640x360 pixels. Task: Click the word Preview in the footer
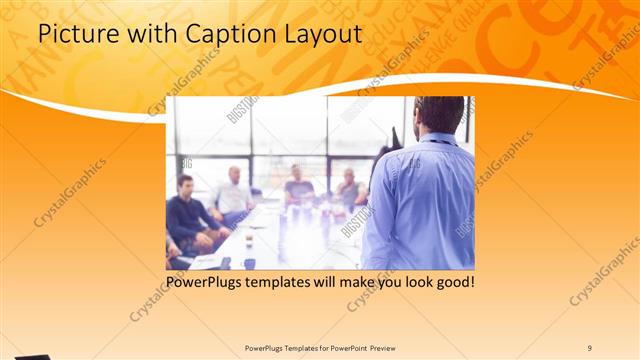click(389, 348)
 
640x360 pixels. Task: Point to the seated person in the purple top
click(297, 186)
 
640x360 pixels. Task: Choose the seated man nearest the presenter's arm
click(349, 189)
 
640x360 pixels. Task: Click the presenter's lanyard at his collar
click(437, 139)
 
